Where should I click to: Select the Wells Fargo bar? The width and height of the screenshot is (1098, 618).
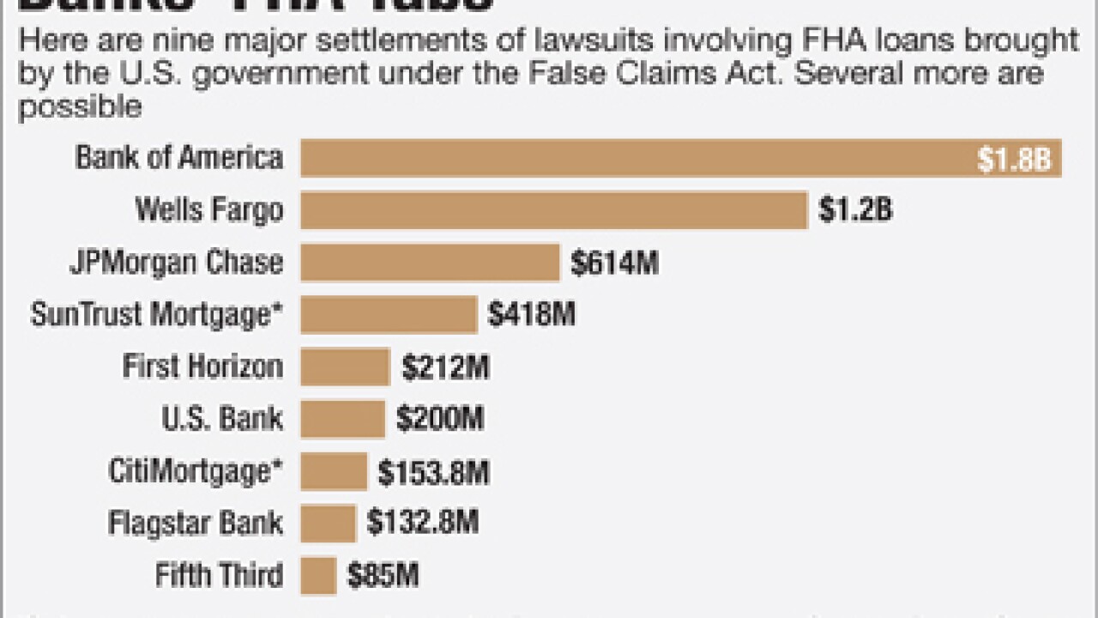[x=553, y=210]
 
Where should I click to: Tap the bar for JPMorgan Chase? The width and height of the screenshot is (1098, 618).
[x=430, y=263]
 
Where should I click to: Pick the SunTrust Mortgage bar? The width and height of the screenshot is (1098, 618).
[x=389, y=315]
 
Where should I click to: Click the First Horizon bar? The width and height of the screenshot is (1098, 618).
[x=345, y=367]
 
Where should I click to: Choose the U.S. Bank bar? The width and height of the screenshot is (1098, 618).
[x=342, y=420]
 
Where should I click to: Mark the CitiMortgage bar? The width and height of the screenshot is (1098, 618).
[x=334, y=471]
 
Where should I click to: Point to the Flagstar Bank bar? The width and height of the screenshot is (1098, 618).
[x=328, y=523]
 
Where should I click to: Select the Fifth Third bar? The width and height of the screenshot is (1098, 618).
[x=318, y=575]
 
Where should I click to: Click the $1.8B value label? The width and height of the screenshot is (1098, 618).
[x=1014, y=161]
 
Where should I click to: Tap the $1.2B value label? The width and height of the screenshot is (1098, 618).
[x=855, y=211]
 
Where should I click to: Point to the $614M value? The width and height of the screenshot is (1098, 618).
[x=614, y=264]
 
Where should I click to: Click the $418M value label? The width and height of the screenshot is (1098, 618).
[x=531, y=316]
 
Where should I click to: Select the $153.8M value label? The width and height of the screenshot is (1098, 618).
[x=433, y=472]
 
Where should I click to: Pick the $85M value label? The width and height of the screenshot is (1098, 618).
[x=383, y=576]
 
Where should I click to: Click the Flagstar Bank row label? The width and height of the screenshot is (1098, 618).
[x=196, y=523]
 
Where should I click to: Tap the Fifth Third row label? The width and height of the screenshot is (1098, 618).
[x=219, y=575]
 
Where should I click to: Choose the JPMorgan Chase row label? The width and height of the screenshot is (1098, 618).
[x=176, y=263]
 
